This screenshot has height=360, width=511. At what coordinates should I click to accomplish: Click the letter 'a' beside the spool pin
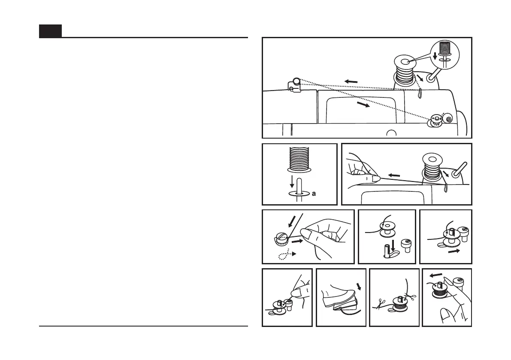point(314,194)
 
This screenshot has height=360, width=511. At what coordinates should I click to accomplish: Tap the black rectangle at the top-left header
point(50,31)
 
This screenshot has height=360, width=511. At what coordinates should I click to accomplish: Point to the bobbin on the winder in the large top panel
point(436,120)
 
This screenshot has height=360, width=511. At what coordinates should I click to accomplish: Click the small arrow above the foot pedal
point(359,286)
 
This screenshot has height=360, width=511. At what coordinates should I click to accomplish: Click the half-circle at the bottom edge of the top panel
point(390,133)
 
